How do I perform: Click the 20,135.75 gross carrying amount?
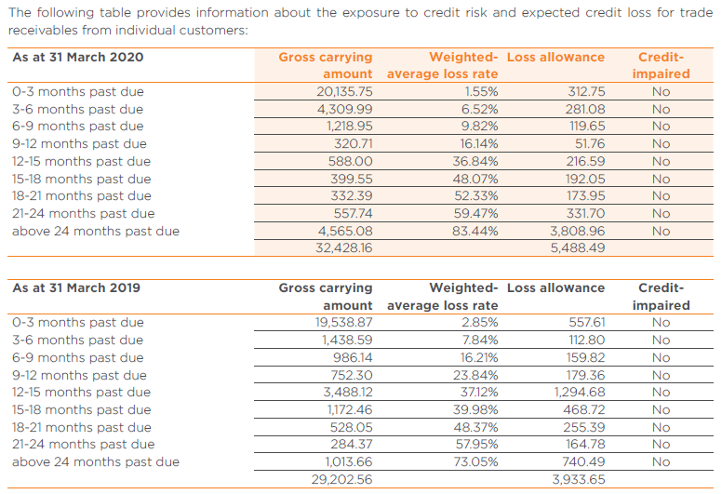click(344, 91)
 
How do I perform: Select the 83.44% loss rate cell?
click(475, 231)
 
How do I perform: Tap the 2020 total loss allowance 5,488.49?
click(578, 248)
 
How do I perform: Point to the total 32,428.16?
click(344, 248)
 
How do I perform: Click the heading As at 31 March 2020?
click(78, 57)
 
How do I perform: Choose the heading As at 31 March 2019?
click(76, 287)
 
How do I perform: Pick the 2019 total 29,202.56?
click(342, 480)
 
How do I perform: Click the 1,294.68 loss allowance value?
click(580, 393)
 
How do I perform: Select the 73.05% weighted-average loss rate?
click(476, 461)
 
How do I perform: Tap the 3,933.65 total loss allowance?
click(579, 480)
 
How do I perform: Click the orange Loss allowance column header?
click(555, 57)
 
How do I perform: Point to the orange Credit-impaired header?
click(662, 65)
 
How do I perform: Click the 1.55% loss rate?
click(481, 91)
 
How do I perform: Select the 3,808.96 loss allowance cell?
click(578, 231)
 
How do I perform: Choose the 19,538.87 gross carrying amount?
click(344, 322)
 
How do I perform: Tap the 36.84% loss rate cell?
click(475, 162)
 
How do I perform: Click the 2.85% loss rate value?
click(480, 322)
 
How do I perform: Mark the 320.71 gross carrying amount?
click(354, 143)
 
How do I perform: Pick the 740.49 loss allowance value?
click(584, 461)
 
